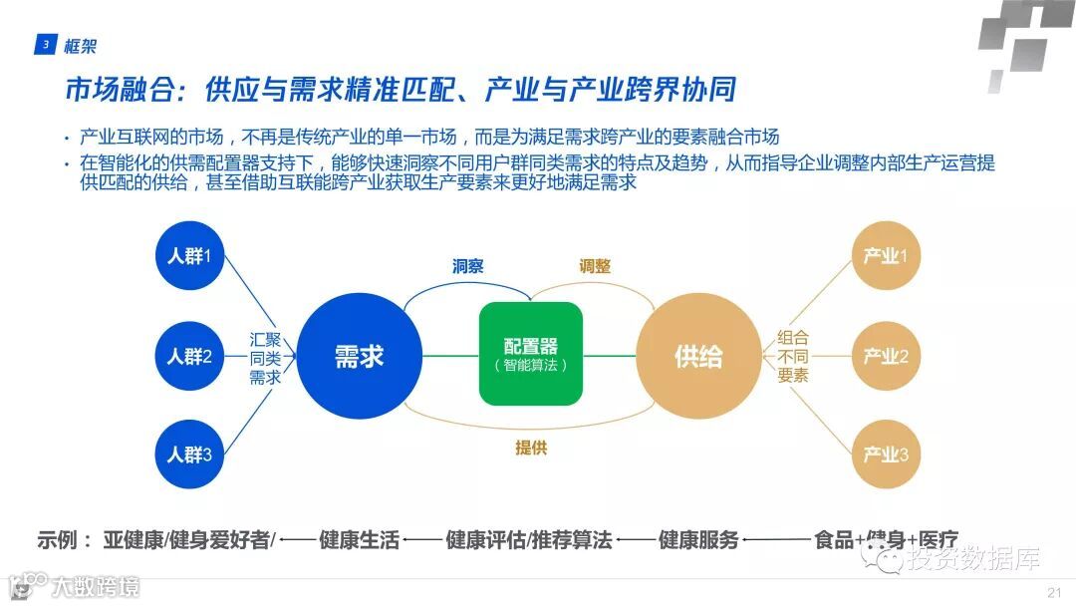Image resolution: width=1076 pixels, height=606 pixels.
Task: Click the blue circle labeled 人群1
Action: coord(189,256)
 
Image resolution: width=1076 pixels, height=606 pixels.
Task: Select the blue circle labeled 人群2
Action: coord(189,356)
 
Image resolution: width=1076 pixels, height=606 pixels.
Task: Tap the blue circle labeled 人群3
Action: coord(189,454)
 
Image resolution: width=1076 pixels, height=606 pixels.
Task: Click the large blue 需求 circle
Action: coord(359,356)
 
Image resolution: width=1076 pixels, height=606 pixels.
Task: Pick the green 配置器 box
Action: coord(530,354)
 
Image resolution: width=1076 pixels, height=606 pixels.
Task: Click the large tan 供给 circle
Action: coord(698,356)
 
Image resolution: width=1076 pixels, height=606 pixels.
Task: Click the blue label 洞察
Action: coord(468,266)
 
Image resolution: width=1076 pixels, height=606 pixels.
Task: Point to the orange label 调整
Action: coord(595,266)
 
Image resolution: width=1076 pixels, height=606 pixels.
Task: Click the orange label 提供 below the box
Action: coord(531,448)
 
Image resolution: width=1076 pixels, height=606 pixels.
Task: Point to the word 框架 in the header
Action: coord(80,45)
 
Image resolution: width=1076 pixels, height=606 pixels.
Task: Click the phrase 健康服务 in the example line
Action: coord(698,540)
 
